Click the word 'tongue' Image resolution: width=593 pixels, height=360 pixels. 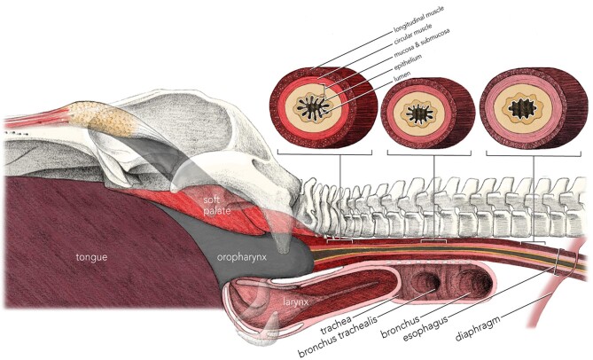point(91,257)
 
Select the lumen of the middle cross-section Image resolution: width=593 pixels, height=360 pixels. point(417,113)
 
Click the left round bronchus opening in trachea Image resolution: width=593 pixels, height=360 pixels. point(427,283)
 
